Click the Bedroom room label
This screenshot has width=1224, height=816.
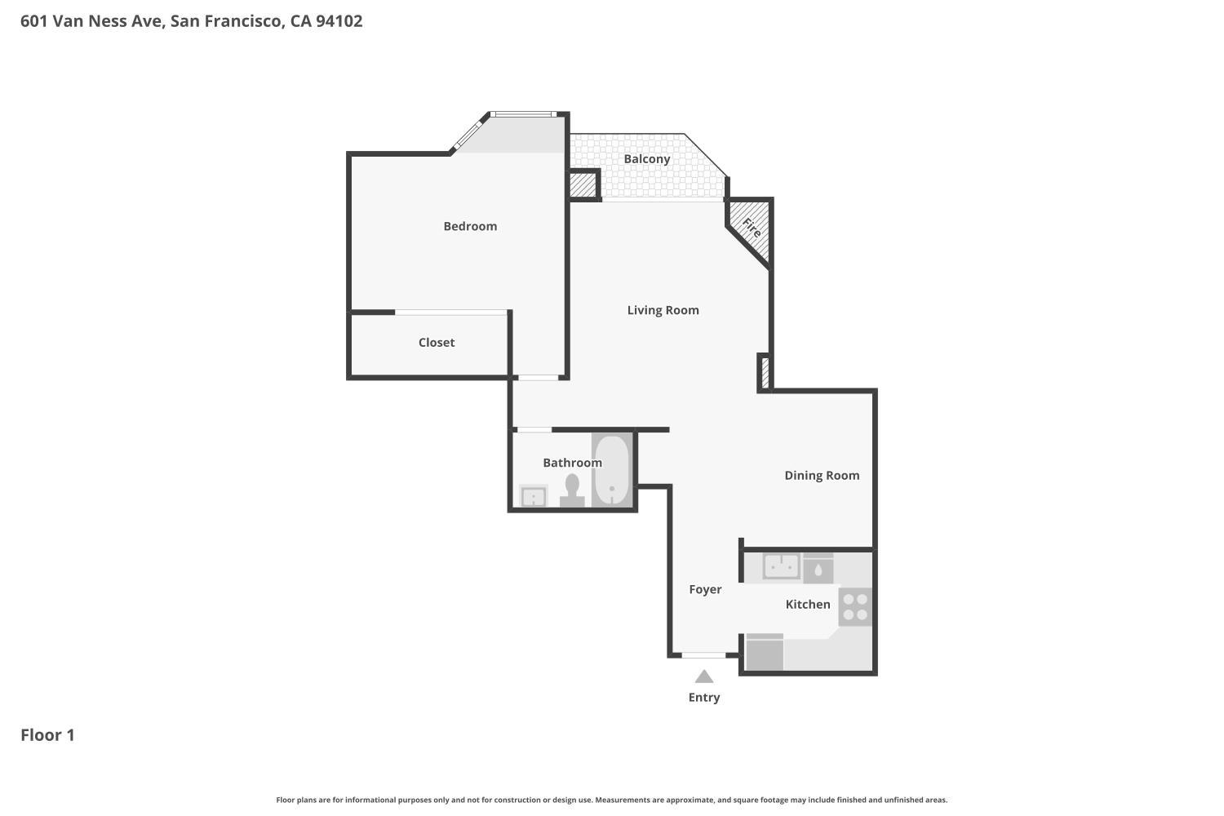(x=470, y=226)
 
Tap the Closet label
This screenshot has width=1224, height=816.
(x=437, y=343)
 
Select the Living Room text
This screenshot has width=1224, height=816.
(x=663, y=310)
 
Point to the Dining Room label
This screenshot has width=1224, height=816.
(x=822, y=476)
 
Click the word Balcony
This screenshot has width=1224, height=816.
(x=647, y=159)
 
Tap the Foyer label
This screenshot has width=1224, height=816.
(x=705, y=589)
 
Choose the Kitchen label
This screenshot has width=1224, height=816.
(x=808, y=605)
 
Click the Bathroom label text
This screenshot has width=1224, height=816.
(x=572, y=463)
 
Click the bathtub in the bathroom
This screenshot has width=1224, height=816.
(x=611, y=471)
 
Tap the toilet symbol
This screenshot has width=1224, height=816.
(x=572, y=490)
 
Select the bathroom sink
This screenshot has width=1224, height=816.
(x=534, y=496)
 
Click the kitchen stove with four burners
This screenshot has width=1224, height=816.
(x=855, y=607)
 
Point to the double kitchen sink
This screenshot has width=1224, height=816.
(x=781, y=565)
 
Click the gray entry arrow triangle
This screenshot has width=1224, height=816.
(x=704, y=676)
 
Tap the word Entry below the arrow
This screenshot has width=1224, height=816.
(x=704, y=698)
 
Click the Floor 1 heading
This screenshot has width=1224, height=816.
(x=47, y=735)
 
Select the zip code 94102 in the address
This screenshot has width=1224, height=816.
(x=339, y=21)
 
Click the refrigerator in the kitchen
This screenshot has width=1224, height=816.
(x=765, y=653)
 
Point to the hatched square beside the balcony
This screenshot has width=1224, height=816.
(x=583, y=185)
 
